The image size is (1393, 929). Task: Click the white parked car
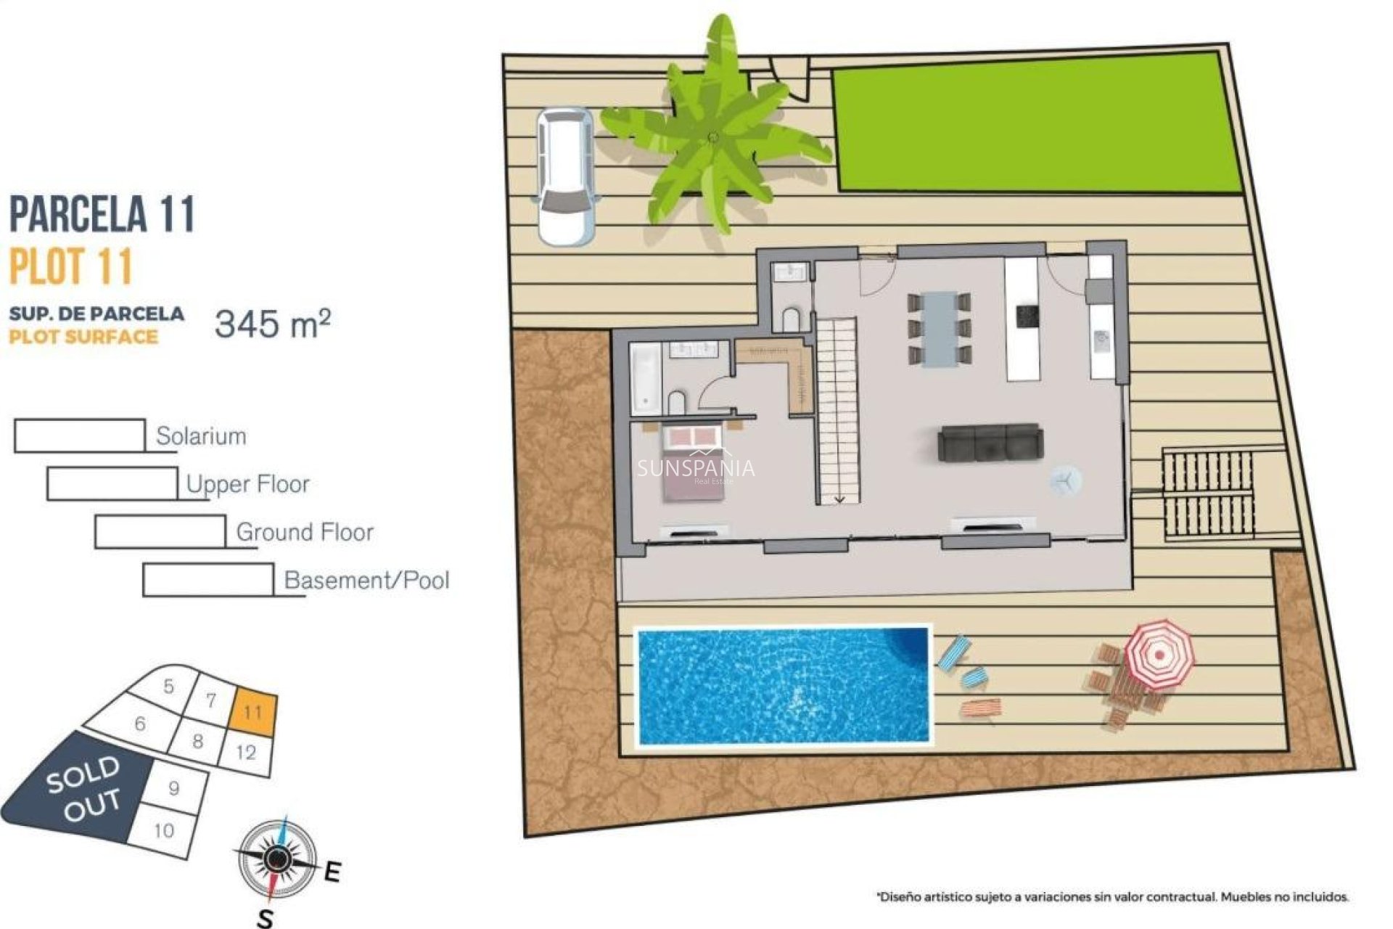565,176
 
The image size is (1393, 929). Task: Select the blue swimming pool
783,686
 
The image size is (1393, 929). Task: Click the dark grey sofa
990,443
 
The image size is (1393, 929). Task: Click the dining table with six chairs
940,328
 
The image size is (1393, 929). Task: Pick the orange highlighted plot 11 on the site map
253,711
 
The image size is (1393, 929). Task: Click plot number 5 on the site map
169,687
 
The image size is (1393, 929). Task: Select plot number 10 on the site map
165,830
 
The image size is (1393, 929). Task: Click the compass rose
276,859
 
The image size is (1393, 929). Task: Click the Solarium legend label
201,436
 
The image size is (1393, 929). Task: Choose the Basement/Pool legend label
366,580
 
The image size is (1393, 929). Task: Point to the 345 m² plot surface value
273,323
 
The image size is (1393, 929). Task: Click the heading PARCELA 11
102,214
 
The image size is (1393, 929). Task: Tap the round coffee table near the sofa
1064,480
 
